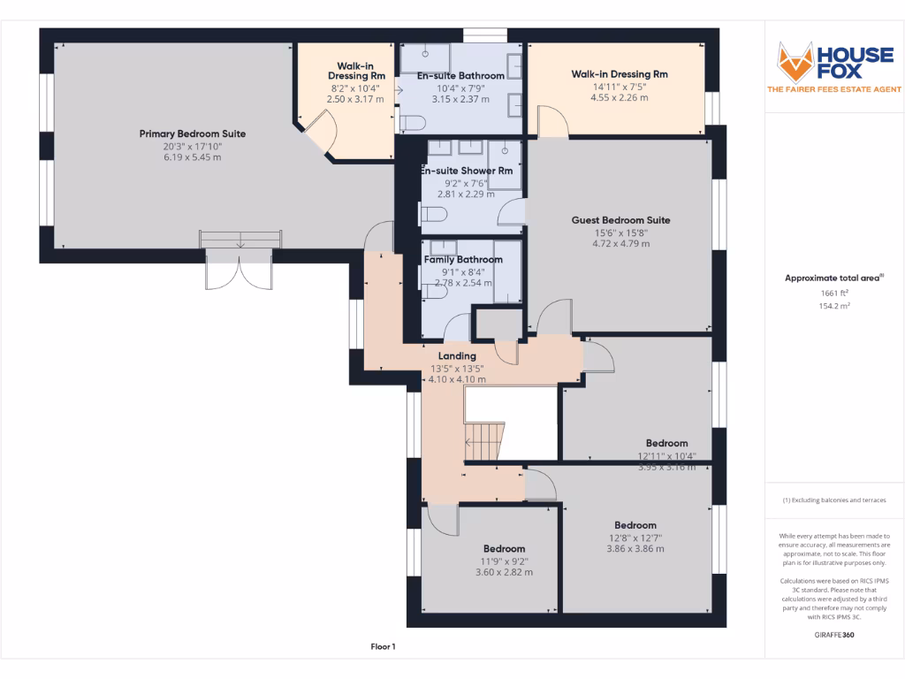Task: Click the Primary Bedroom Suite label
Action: tap(192, 134)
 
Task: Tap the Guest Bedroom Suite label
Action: tap(620, 220)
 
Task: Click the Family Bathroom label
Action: tap(463, 260)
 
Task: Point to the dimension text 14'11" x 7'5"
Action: tap(619, 87)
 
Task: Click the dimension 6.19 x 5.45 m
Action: tap(192, 157)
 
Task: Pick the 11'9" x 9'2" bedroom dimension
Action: tap(504, 561)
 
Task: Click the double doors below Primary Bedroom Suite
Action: tap(237, 269)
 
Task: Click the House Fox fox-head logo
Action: tap(794, 60)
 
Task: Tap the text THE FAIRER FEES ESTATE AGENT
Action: tap(833, 89)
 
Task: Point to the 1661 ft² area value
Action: tap(833, 292)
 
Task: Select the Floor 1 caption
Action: tap(383, 647)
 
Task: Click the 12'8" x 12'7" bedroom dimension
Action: tap(635, 538)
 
